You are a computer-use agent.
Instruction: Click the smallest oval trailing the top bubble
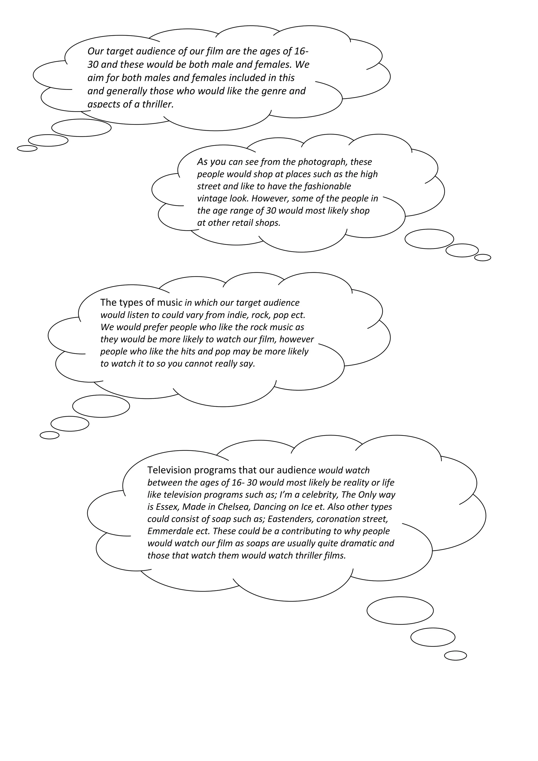coord(27,148)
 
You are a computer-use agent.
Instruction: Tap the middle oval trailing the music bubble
coord(70,424)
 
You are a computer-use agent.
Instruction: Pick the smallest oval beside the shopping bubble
coord(482,258)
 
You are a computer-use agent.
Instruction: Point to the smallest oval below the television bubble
coord(455,656)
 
